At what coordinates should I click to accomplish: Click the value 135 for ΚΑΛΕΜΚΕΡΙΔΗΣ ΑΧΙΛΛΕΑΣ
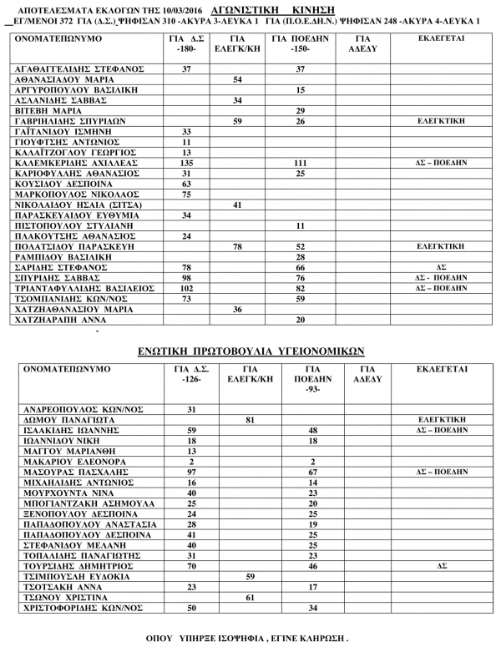(x=187, y=163)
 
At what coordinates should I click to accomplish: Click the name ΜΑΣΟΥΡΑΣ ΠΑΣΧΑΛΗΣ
(x=71, y=472)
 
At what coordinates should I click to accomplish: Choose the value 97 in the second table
(x=191, y=472)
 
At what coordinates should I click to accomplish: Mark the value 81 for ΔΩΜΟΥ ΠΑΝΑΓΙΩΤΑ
(x=248, y=420)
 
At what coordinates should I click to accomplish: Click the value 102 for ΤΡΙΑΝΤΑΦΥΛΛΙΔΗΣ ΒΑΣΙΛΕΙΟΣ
(x=187, y=288)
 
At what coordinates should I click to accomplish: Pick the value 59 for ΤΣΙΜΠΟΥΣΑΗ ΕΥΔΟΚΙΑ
(x=248, y=576)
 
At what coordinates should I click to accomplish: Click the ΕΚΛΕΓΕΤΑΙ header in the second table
(x=441, y=368)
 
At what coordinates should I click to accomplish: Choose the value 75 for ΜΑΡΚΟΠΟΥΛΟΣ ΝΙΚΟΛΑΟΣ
(x=187, y=194)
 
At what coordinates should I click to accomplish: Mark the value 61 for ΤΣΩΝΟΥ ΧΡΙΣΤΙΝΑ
(x=248, y=597)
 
